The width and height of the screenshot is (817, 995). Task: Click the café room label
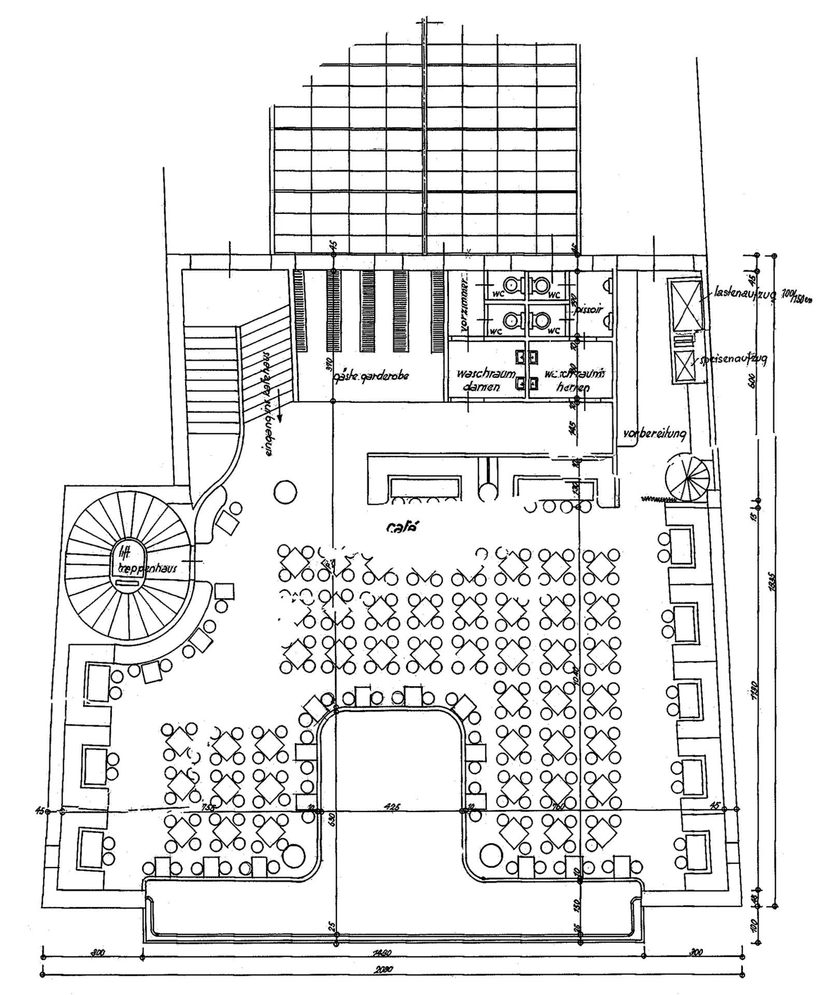(x=403, y=527)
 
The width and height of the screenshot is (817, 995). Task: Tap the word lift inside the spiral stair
(x=124, y=552)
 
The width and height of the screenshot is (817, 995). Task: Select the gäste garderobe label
(x=371, y=375)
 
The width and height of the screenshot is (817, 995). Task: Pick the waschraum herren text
(x=573, y=380)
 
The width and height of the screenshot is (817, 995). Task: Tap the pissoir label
(x=588, y=309)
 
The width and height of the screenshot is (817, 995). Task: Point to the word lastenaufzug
(x=744, y=293)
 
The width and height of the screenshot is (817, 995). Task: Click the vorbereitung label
(x=656, y=433)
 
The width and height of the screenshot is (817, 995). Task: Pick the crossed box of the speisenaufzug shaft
(x=684, y=366)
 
